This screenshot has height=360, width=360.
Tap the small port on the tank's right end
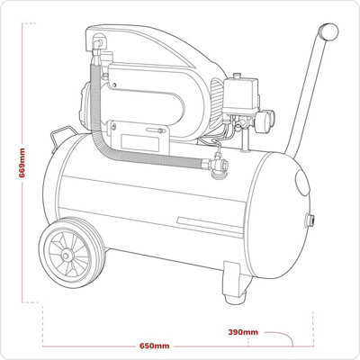point(311,219)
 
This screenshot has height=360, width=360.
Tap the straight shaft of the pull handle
point(306,90)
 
